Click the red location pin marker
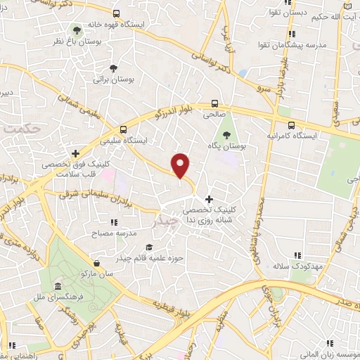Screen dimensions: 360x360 coord(181,166)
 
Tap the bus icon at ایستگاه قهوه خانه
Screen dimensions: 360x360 coord(116,13)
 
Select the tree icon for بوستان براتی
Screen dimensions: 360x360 coord(112,67)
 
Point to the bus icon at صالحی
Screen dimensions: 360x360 coord(214,102)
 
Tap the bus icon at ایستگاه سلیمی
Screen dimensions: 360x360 coord(124,129)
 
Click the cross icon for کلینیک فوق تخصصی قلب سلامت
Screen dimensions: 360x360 coord(76,153)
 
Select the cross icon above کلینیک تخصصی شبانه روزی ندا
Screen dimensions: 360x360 coord(208,199)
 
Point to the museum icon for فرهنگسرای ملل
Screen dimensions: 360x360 coord(54,286)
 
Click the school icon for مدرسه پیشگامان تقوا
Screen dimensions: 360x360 coord(290,34)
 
